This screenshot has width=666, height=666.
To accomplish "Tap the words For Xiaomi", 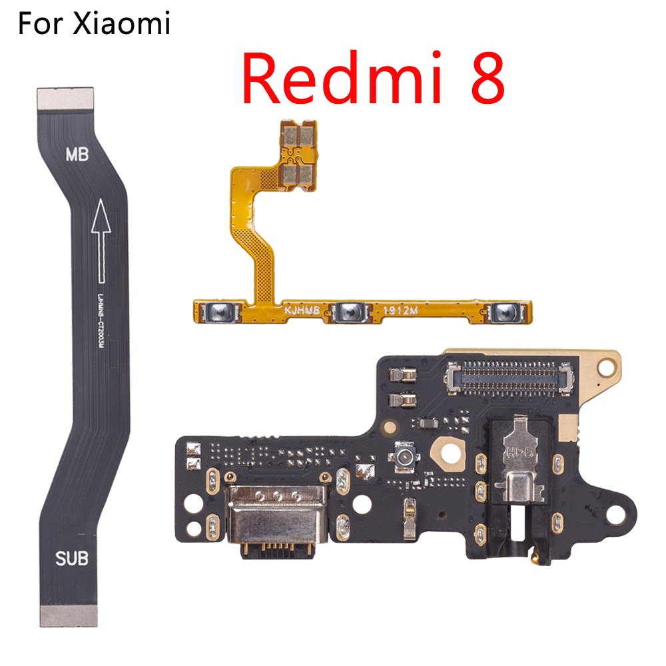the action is coord(94,25).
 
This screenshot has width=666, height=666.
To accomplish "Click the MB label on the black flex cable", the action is coord(80,155).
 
